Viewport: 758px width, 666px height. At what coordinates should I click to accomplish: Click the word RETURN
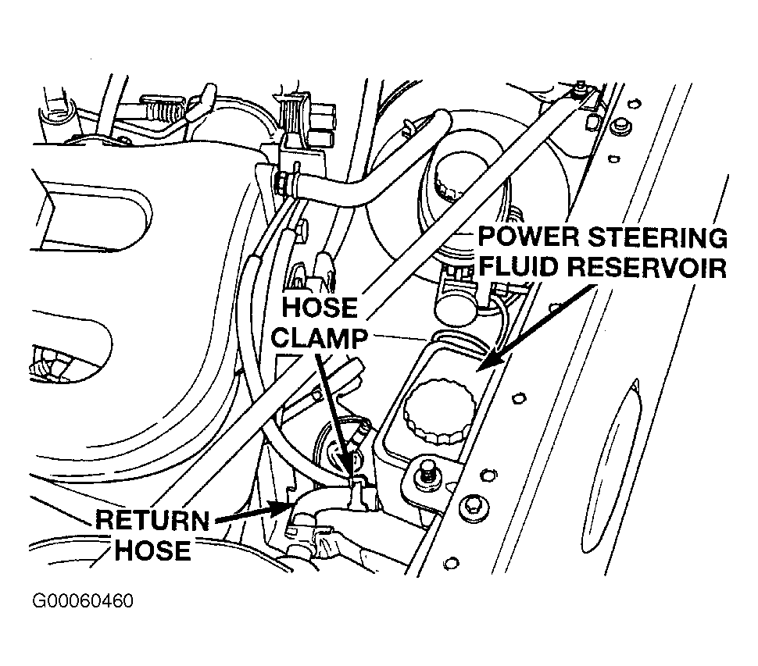tap(152, 521)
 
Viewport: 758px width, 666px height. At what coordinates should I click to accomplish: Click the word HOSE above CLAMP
tap(320, 307)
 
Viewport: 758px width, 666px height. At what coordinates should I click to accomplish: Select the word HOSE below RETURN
tap(152, 550)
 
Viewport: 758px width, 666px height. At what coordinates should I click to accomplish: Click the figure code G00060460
tap(82, 600)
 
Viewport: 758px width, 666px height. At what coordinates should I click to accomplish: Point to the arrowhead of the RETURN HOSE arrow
tap(280, 508)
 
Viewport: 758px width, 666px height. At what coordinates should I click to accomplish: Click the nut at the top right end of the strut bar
tap(580, 89)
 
